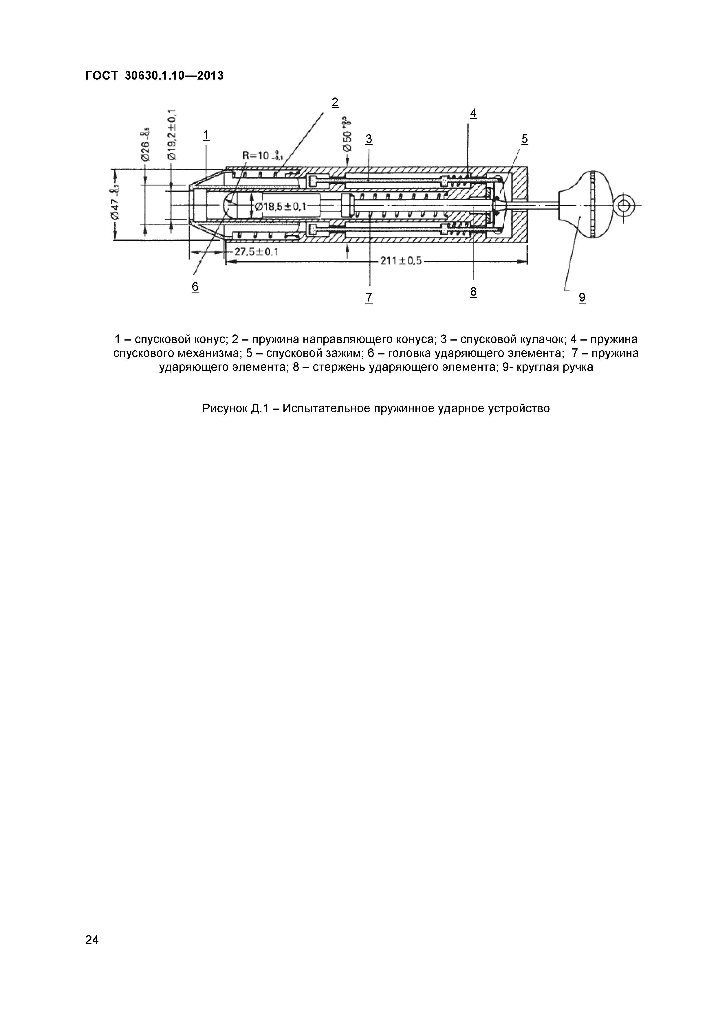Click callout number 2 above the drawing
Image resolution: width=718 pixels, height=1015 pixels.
pyautogui.click(x=335, y=102)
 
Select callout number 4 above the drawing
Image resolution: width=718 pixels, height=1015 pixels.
pyautogui.click(x=473, y=114)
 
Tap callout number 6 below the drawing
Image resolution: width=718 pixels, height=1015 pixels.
pyautogui.click(x=195, y=287)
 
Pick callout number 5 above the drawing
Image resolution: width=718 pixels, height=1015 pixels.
pyautogui.click(x=525, y=139)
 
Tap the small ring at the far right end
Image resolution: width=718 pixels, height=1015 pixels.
pyautogui.click(x=624, y=205)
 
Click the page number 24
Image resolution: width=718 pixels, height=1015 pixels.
pyautogui.click(x=92, y=952)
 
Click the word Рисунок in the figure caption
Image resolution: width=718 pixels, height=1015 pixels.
pyautogui.click(x=225, y=409)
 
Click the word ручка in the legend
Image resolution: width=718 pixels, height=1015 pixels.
pyautogui.click(x=576, y=367)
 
